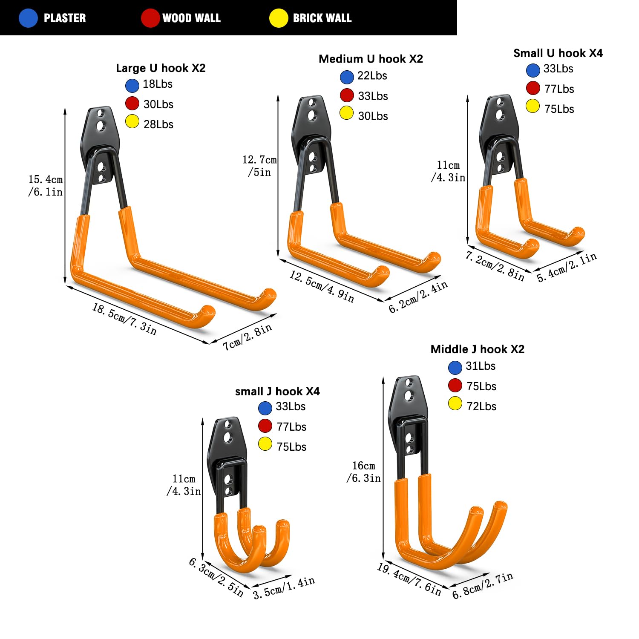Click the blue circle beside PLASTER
click(x=29, y=18)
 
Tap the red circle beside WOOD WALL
click(x=150, y=18)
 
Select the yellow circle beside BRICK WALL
click(x=279, y=18)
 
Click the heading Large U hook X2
click(x=161, y=68)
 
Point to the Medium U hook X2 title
click(x=371, y=59)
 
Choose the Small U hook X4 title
click(x=558, y=53)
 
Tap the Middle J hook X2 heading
click(x=478, y=349)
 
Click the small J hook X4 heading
click(x=277, y=391)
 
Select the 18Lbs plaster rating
click(x=158, y=84)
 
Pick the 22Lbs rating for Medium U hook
click(x=372, y=76)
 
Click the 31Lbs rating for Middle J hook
click(x=481, y=366)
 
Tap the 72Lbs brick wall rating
click(x=481, y=406)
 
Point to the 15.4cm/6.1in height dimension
click(x=46, y=186)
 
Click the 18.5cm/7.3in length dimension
click(x=124, y=319)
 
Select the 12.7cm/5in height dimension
click(x=259, y=166)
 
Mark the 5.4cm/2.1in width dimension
click(x=567, y=268)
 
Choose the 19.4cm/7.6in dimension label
click(x=409, y=579)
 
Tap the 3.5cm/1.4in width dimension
click(x=284, y=588)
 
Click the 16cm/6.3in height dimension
click(x=363, y=472)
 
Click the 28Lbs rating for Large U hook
click(x=158, y=124)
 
